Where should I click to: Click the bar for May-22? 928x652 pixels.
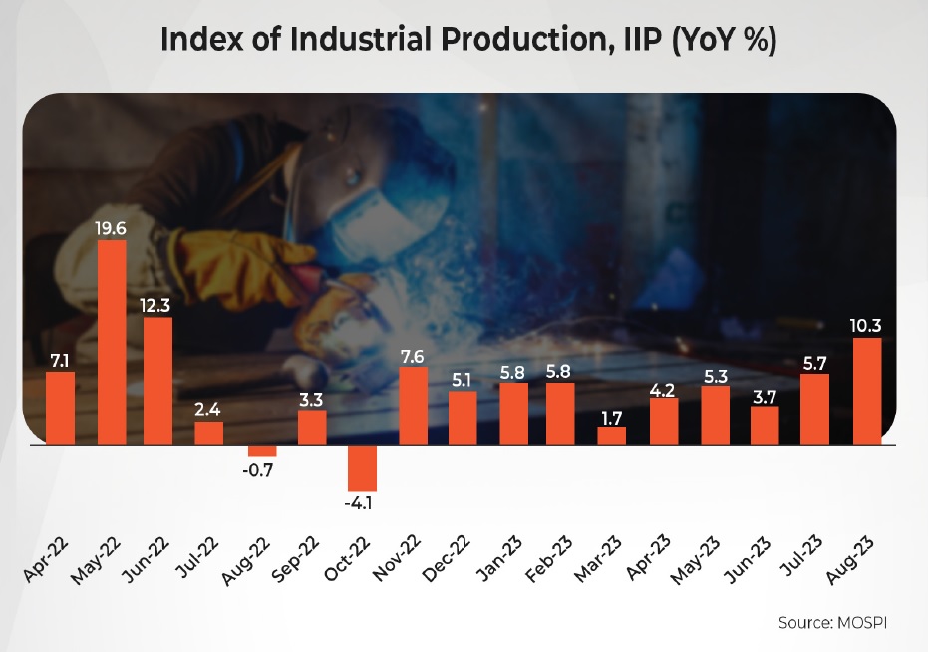(111, 342)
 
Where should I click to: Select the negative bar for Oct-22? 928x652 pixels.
(362, 468)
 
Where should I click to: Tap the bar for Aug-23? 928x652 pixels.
(867, 391)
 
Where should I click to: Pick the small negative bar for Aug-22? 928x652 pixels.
(261, 450)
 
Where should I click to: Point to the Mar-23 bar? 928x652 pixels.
(612, 435)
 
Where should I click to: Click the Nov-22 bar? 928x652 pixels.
(413, 405)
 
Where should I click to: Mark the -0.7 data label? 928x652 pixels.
(261, 469)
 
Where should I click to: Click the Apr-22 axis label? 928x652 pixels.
(47, 564)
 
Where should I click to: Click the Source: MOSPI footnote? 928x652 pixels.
(831, 622)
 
